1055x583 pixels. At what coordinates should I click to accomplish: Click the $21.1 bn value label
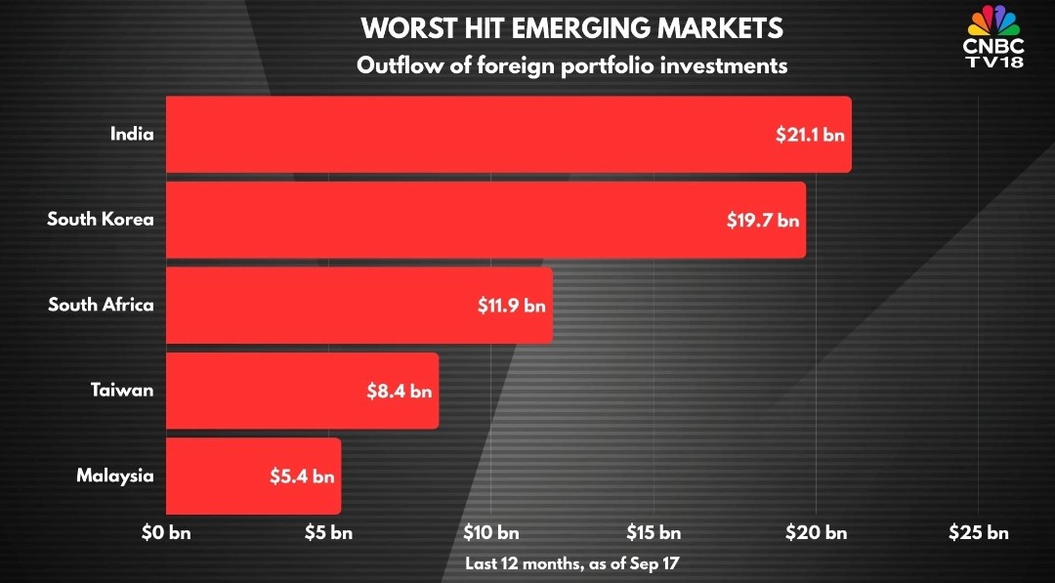tap(805, 135)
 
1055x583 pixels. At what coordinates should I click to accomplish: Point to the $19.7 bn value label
tap(762, 221)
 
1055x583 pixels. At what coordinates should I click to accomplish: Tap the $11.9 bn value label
tap(511, 306)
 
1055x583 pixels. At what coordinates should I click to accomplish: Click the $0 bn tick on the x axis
tap(166, 533)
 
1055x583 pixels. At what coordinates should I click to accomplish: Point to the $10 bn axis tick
tap(490, 533)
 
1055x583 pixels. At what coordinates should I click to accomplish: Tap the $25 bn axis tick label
tap(978, 533)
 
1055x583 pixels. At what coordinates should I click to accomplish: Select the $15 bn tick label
tap(654, 533)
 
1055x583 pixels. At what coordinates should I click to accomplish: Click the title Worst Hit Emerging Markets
tap(571, 28)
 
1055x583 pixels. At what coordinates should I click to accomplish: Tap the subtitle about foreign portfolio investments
tap(571, 66)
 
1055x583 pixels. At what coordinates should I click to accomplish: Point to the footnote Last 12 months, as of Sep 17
tap(571, 563)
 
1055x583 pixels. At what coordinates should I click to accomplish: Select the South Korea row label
tap(101, 220)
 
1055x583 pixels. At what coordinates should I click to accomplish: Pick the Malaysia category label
tap(115, 477)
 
